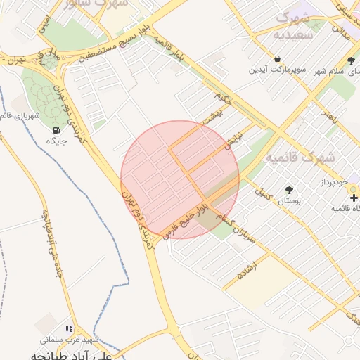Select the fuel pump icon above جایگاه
[56, 130]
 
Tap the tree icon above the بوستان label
[288, 190]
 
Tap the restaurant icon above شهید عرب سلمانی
[69, 328]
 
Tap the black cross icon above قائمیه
[353, 198]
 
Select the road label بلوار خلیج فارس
[184, 218]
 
